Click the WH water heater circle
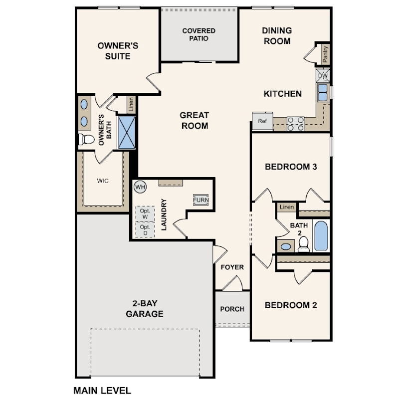tap(140, 187)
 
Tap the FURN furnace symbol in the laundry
tap(201, 200)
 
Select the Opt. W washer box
tap(145, 213)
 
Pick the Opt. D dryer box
tap(145, 229)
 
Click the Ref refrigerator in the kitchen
tap(262, 121)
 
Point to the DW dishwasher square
tap(323, 75)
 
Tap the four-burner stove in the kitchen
tap(296, 124)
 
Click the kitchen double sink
tap(323, 92)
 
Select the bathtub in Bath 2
tap(321, 235)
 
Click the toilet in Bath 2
tap(304, 244)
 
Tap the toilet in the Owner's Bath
tap(87, 139)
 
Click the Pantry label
tap(325, 54)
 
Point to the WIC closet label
tap(103, 181)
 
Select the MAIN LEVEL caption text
tap(102, 391)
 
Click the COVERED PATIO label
tap(199, 34)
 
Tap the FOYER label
tap(232, 267)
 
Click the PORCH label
tap(232, 309)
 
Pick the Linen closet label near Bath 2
tap(287, 207)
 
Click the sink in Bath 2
tap(286, 246)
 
